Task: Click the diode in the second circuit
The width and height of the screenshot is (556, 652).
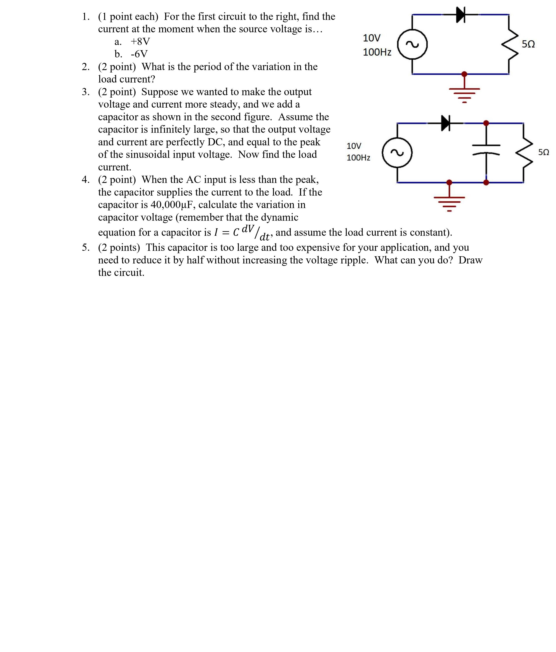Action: coord(445,123)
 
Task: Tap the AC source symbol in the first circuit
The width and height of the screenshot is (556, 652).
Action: coord(412,44)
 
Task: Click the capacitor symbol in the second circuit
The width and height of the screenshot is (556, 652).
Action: coord(486,150)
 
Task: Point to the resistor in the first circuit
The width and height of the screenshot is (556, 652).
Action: coord(510,44)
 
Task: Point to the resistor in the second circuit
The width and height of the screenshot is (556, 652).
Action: coord(524,153)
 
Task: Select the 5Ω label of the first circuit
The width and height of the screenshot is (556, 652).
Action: coord(528,44)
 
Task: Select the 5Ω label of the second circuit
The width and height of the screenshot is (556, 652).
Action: coord(543,152)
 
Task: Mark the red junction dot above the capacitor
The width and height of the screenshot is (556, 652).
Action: coord(486,123)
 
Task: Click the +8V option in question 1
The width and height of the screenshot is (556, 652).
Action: coord(140,41)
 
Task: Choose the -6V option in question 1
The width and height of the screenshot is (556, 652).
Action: coord(139,54)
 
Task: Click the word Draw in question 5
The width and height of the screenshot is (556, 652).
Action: coord(470,260)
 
